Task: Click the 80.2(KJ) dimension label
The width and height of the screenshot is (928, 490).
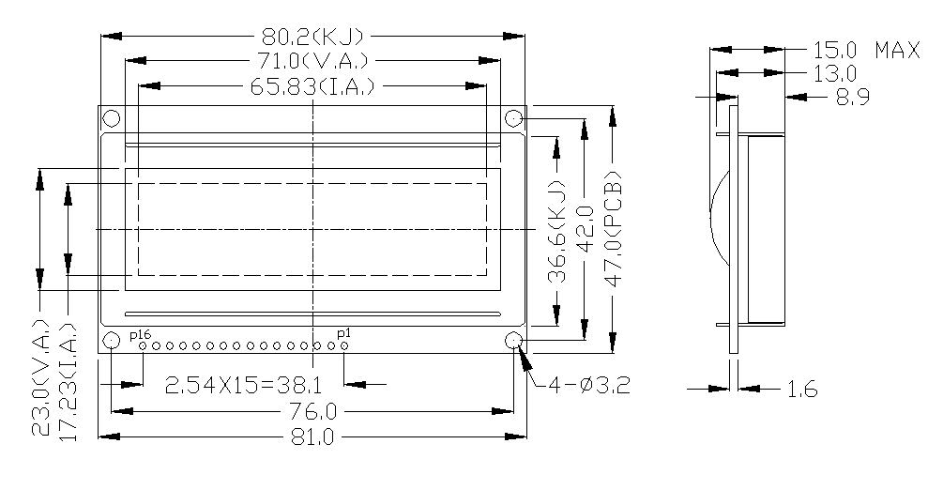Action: [x=312, y=37]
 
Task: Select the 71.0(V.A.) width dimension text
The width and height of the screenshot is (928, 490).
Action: [x=312, y=62]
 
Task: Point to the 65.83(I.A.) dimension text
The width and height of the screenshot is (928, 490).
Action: [x=313, y=87]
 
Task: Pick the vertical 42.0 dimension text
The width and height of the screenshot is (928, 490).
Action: [x=585, y=228]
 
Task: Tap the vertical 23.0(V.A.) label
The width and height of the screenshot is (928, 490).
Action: [x=41, y=378]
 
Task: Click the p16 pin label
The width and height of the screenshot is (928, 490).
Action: [x=140, y=334]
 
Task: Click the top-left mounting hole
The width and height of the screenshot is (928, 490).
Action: [x=111, y=119]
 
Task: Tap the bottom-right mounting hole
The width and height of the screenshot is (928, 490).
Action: [x=513, y=340]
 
